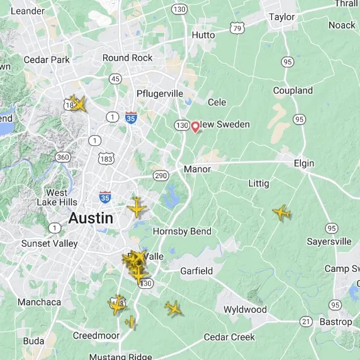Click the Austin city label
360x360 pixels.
tap(91, 218)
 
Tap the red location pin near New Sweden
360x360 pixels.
tap(195, 127)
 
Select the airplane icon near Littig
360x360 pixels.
tap(281, 213)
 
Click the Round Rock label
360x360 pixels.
tap(127, 57)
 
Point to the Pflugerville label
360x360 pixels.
tap(160, 94)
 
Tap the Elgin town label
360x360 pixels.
tap(303, 163)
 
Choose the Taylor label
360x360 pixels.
tap(281, 17)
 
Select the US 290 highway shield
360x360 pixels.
tap(160, 176)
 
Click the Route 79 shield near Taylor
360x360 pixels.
tap(237, 28)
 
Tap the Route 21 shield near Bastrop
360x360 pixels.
tap(306, 322)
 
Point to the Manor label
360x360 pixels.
tap(196, 169)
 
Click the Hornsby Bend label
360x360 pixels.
tap(182, 231)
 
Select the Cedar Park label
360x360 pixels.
tap(46, 60)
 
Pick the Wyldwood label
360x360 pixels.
tap(245, 310)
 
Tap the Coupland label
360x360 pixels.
tap(293, 91)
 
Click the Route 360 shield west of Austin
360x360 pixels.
tap(62, 157)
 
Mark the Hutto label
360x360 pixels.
tap(203, 35)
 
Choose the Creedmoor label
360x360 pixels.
tap(96, 335)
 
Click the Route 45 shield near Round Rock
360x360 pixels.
tap(115, 79)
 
